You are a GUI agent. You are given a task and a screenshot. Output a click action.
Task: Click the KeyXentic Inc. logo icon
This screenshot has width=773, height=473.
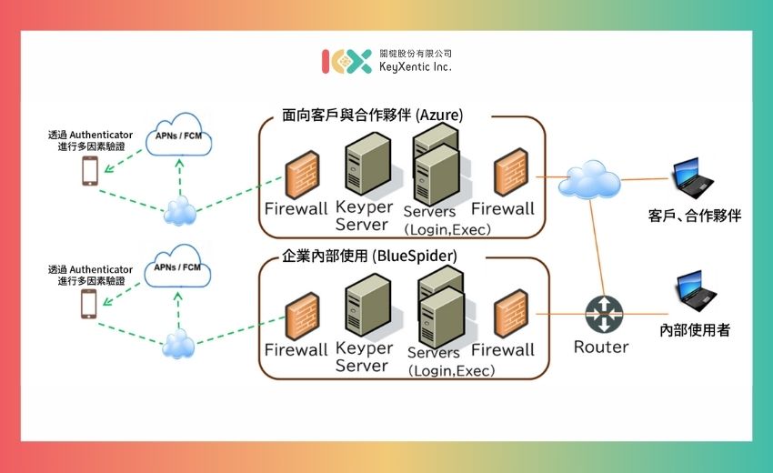(346, 61)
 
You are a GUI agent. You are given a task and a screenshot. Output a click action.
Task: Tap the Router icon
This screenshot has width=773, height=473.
(601, 316)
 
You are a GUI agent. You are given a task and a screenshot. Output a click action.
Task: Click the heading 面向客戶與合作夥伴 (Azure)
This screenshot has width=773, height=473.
(373, 116)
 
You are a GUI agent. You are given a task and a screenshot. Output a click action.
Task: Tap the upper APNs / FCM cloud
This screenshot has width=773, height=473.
(178, 135)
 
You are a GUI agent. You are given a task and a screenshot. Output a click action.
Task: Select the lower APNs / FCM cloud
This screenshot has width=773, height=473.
(178, 268)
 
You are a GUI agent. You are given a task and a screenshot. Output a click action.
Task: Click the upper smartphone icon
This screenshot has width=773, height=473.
(89, 171)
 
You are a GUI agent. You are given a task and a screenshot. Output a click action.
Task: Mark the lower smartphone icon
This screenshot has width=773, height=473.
(89, 304)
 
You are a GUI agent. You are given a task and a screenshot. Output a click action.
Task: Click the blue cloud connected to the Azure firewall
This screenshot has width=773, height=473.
(588, 179)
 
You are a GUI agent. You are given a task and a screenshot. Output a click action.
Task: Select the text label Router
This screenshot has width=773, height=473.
(601, 347)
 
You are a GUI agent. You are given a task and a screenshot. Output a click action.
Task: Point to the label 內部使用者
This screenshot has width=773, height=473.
(695, 329)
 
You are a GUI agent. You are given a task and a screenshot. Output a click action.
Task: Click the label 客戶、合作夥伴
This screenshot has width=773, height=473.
(695, 216)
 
